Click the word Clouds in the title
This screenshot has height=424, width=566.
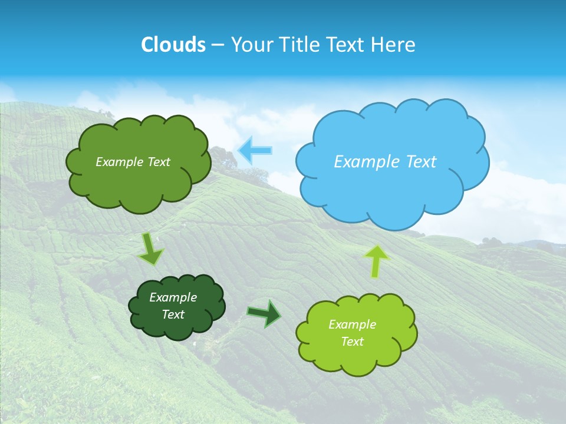coord(173,45)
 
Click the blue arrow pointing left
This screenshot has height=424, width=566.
coord(255,151)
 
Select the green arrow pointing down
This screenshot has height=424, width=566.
coord(151,249)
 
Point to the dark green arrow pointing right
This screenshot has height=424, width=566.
coord(265,313)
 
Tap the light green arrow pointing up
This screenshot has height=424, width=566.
coord(376,260)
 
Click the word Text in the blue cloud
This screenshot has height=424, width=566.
coord(416,162)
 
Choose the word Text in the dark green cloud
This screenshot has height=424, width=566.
coord(173,314)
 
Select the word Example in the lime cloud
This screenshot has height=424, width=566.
coord(352,324)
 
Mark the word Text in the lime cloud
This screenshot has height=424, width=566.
coord(352,342)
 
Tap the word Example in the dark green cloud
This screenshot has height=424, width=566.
coord(173,297)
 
